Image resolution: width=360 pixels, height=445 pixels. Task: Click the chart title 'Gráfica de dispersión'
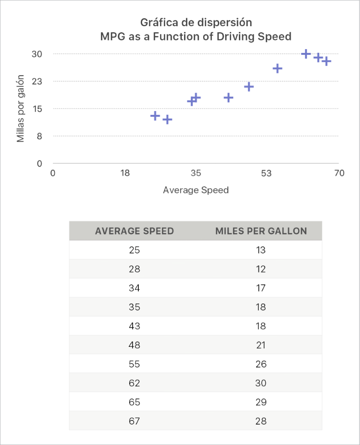tap(196, 22)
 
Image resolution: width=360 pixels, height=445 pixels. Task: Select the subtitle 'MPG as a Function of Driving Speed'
tap(196, 37)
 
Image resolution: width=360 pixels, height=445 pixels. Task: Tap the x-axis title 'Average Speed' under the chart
tap(196, 190)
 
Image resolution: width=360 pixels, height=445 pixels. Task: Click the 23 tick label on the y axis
tap(37, 81)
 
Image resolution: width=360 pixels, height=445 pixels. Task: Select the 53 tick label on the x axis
tap(266, 173)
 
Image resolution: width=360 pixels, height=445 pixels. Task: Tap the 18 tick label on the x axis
tap(125, 173)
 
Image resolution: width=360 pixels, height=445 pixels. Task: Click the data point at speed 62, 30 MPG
tap(306, 54)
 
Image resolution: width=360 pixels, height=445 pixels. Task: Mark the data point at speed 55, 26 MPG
tap(278, 69)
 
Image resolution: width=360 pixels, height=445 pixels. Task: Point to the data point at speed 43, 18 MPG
tap(228, 98)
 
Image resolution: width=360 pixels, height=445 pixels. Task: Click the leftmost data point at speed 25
tap(155, 116)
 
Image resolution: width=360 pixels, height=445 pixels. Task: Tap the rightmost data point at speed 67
tap(326, 61)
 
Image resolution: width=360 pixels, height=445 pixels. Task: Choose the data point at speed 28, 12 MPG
tap(167, 120)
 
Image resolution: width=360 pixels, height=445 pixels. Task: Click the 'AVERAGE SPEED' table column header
tap(134, 232)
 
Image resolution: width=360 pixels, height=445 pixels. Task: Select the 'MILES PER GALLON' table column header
tap(261, 232)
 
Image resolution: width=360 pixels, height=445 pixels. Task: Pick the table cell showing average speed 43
tap(134, 326)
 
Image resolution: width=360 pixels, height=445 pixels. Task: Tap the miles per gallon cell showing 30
tap(261, 384)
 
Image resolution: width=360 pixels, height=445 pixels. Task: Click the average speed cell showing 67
tap(134, 421)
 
